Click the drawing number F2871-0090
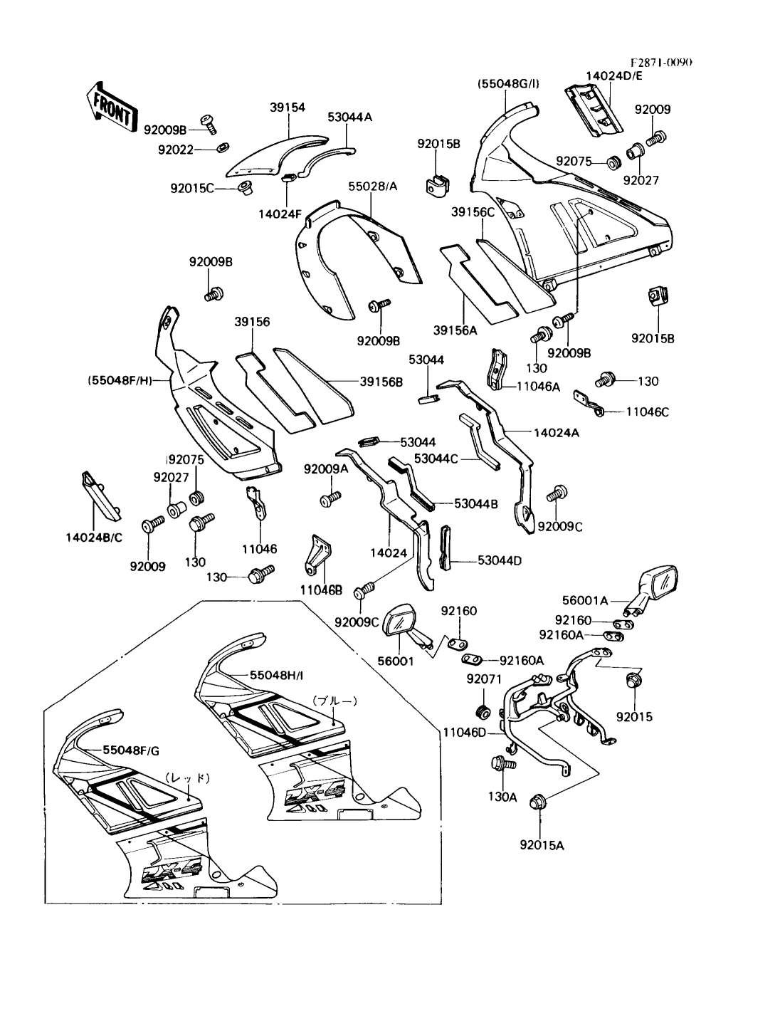661,62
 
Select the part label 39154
288,108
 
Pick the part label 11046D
465,731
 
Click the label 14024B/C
89,537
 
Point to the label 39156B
381,382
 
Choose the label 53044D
499,560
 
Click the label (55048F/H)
128,381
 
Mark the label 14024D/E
614,75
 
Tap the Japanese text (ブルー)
334,701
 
